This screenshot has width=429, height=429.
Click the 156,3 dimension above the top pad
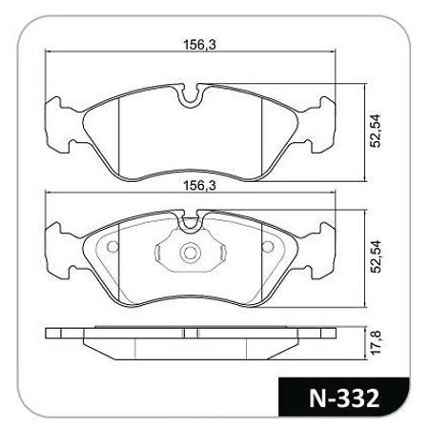tap(200, 45)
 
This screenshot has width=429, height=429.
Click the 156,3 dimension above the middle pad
tap(200, 186)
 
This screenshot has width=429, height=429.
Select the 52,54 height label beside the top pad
tap(375, 131)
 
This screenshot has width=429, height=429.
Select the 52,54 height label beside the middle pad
tap(375, 256)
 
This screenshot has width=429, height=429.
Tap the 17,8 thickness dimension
tap(376, 342)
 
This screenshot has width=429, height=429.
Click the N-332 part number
tap(344, 398)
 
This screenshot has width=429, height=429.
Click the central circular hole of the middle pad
tap(191, 253)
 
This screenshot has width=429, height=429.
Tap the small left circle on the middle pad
tap(112, 247)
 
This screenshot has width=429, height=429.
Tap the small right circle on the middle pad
tap(268, 246)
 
